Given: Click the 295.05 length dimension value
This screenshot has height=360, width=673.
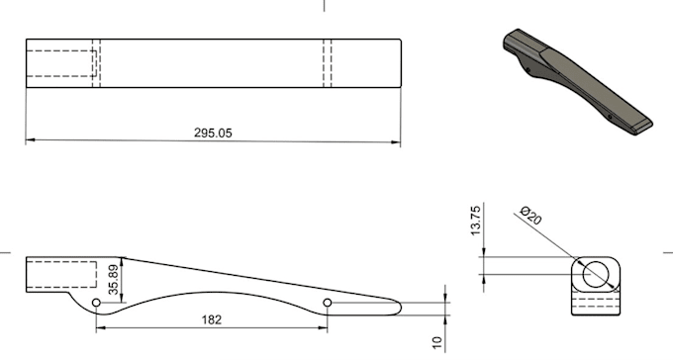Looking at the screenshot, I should [212, 132].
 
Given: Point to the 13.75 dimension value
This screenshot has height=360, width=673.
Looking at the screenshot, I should [476, 223].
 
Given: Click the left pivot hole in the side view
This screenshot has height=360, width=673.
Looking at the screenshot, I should [95, 302].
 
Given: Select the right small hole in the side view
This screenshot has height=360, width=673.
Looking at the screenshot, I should [328, 304].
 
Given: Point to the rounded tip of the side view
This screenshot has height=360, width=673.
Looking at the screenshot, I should [398, 305].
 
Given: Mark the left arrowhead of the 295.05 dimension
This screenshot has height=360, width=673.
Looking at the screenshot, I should [29, 140].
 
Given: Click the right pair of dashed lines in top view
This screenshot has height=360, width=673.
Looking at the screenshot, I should [328, 63].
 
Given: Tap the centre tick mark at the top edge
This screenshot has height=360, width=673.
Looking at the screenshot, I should [324, 5].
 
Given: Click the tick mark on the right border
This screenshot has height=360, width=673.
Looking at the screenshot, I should [667, 252].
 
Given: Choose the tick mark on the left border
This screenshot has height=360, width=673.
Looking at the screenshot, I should [5, 252].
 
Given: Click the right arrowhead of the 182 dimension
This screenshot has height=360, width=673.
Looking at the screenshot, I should [324, 326].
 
